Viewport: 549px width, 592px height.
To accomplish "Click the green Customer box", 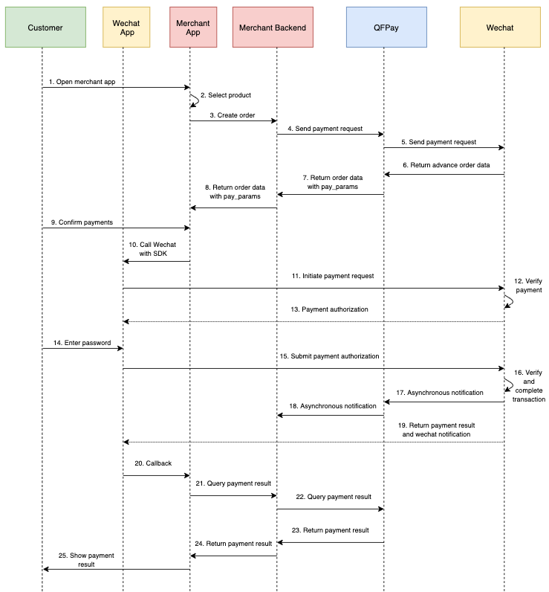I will (x=45, y=28).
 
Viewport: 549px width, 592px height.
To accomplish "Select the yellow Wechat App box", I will (x=126, y=28).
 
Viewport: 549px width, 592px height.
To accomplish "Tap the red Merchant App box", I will (x=192, y=28).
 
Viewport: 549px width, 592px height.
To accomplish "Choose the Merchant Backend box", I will (x=273, y=28).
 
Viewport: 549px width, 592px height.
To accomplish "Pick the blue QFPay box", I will (x=386, y=28).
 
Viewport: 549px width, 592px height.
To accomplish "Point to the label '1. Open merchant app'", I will (x=82, y=81).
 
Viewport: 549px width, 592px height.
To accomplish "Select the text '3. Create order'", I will (x=233, y=115).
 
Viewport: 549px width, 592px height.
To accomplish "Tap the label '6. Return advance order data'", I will (x=446, y=165).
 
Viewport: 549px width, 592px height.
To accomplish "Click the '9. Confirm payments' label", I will (x=82, y=222).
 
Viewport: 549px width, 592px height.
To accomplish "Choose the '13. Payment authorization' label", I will (x=330, y=309).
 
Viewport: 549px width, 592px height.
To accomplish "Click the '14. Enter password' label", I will (x=82, y=343).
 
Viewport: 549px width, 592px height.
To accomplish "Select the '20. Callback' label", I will (x=153, y=463).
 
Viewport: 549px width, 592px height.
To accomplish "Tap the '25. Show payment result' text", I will (x=87, y=560).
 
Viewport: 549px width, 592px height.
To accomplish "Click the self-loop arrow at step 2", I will (x=196, y=100).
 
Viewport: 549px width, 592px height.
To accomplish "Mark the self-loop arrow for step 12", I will (x=510, y=301).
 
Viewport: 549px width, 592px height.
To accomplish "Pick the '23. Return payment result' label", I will (x=331, y=530).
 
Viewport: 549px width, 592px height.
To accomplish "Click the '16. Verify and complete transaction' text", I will (x=529, y=385).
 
